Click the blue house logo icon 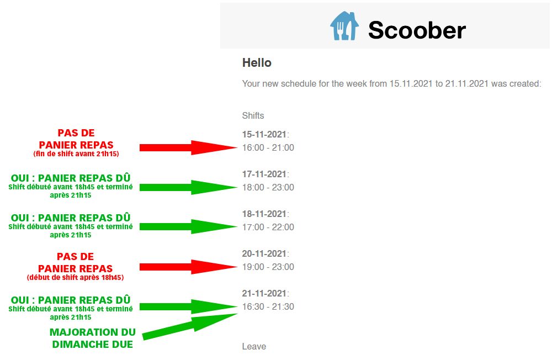pos(344,26)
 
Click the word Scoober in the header pos(417,30)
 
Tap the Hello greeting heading pos(257,63)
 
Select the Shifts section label pos(253,115)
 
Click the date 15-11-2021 pos(264,134)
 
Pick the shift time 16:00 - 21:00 pos(268,147)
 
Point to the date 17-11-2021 pos(264,174)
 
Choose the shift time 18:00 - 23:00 pos(268,187)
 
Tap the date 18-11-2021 pos(264,214)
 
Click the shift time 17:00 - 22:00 pos(268,227)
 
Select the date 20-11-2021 pos(264,253)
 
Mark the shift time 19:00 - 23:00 pos(268,267)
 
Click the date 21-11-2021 pos(264,293)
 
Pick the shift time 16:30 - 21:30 pos(268,307)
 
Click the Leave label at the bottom pos(254,346)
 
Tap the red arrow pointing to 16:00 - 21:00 pos(188,147)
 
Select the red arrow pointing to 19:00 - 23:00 pos(188,267)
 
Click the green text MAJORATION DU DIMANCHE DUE pos(93,338)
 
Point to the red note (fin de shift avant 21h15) pos(76,154)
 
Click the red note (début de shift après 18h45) pos(75,278)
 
